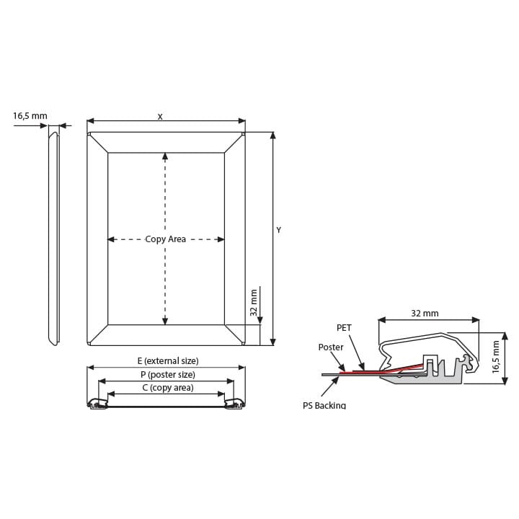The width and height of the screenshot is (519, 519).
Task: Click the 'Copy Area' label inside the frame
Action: point(166,239)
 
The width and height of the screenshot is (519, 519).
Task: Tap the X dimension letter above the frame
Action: point(160,117)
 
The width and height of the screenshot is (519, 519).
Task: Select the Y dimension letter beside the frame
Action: point(279,230)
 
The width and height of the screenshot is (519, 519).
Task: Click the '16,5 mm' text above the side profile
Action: point(30,116)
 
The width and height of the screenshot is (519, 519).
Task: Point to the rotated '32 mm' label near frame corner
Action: point(254,303)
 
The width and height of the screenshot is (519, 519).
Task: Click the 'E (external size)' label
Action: point(168,360)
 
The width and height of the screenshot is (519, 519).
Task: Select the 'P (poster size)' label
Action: point(168,374)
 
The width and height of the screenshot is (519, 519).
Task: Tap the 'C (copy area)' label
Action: point(168,388)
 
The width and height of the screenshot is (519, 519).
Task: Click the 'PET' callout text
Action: point(344,328)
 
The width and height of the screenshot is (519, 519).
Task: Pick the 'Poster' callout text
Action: point(331,347)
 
